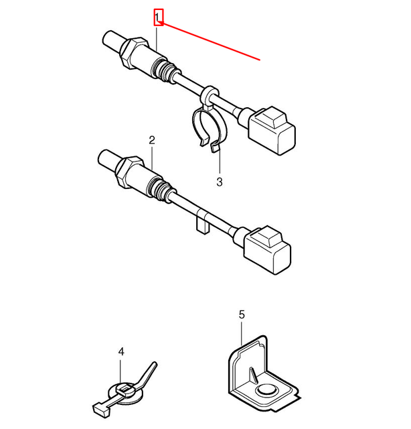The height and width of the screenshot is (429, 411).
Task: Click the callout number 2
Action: pyautogui.click(x=152, y=140)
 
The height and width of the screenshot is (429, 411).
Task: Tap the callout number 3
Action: pyautogui.click(x=218, y=181)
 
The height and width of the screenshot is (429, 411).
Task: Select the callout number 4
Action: pyautogui.click(x=121, y=351)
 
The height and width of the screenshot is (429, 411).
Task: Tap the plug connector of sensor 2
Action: pyautogui.click(x=268, y=249)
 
